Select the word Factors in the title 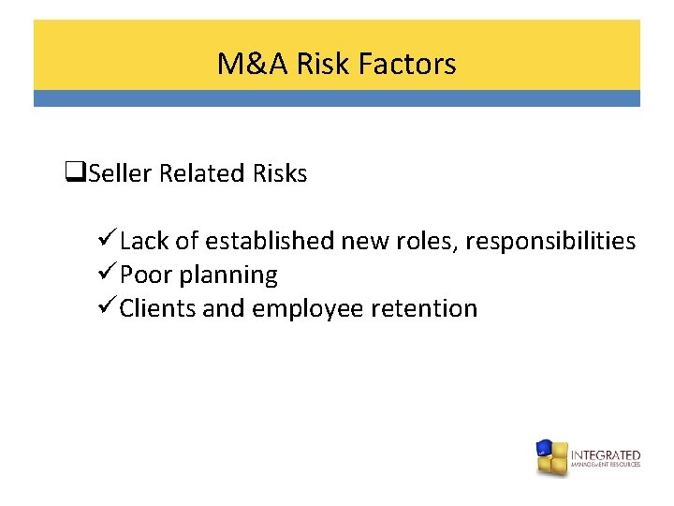pos(409,64)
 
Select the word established pos(270,241)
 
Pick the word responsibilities pos(550,241)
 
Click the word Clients pos(157,308)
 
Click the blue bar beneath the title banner pos(337,98)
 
